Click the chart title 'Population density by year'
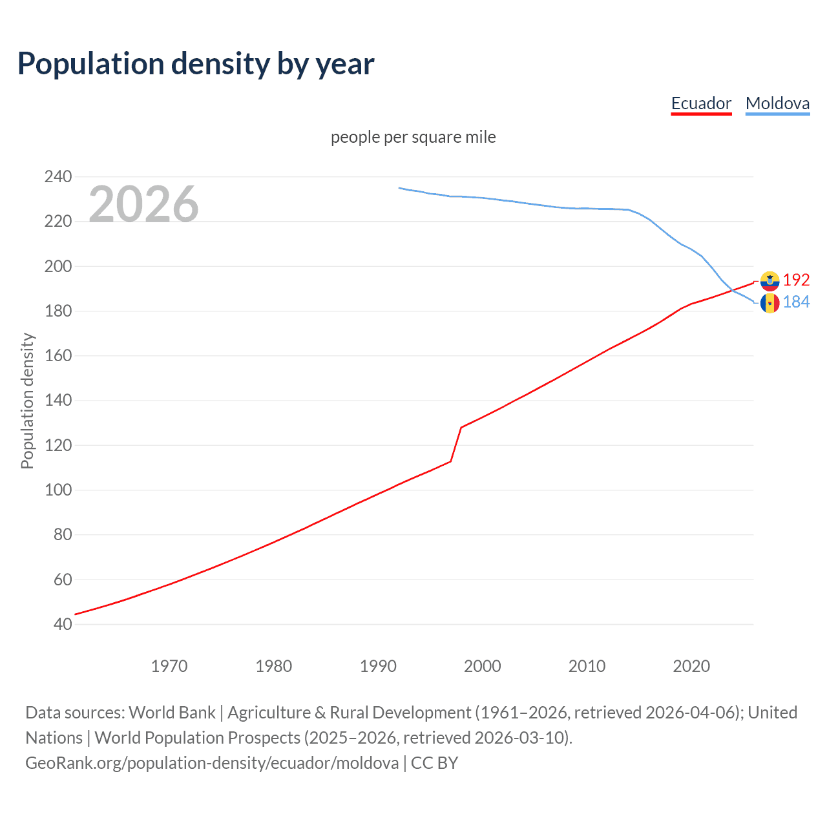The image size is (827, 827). [x=196, y=64]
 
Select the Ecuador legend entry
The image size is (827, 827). [x=701, y=103]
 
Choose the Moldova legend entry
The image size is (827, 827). [x=777, y=103]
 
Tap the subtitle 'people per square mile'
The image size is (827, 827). [x=413, y=137]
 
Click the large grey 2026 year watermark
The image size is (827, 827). [x=143, y=204]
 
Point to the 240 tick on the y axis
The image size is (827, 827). [x=58, y=176]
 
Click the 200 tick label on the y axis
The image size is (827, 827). [x=58, y=266]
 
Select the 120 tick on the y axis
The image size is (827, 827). [x=58, y=445]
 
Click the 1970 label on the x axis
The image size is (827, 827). [x=169, y=666]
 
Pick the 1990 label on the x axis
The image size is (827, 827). [x=378, y=666]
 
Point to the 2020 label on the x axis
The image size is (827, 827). [x=691, y=666]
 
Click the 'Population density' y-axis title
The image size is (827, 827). [x=27, y=401]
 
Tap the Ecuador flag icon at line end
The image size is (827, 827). [x=769, y=281]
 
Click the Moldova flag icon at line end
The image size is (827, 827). [x=769, y=302]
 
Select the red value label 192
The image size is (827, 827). [x=796, y=280]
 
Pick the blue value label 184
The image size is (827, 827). [x=796, y=302]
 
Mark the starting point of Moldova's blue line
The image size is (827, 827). [x=399, y=188]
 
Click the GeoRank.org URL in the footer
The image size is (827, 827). [x=212, y=763]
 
